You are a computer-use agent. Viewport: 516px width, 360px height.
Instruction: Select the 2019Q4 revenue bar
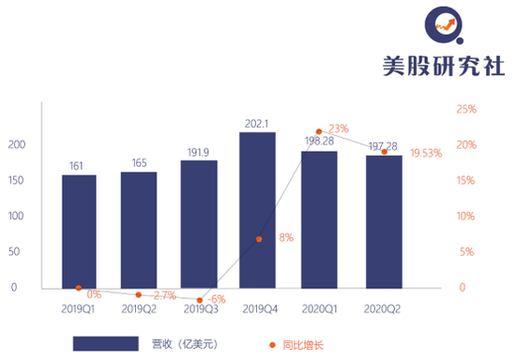257,210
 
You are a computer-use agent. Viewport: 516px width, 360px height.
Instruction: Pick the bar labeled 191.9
198,224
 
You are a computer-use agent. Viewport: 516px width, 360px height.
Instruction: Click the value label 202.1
257,123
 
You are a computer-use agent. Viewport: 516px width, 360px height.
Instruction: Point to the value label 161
78,166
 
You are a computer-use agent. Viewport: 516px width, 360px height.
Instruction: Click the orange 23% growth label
339,128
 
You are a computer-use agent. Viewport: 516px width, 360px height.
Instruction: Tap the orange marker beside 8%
259,239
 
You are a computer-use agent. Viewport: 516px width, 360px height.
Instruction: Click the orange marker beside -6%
200,300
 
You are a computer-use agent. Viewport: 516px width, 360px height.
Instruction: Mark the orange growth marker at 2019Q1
78,288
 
